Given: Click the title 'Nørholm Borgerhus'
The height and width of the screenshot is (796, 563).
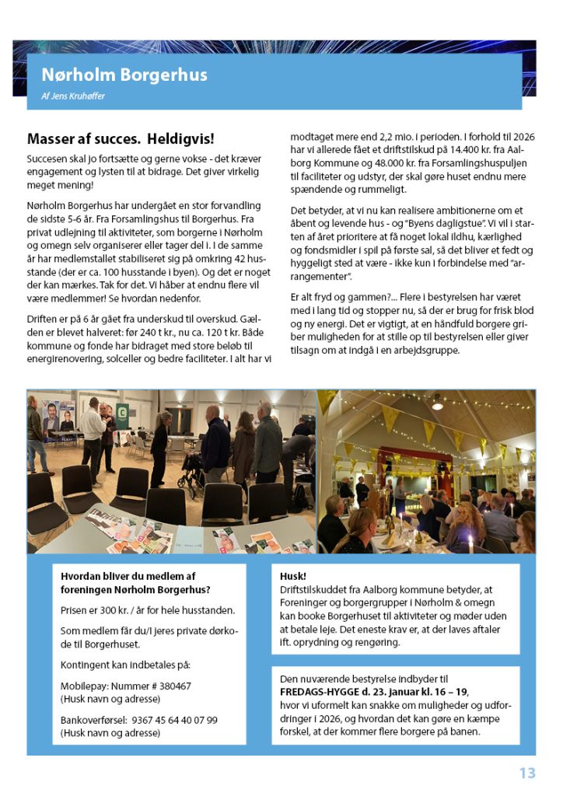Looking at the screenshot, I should click(124, 75).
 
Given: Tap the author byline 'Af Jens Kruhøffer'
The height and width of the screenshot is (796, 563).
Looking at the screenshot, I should click(73, 96).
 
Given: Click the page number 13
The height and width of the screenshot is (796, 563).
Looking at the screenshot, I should click(527, 773).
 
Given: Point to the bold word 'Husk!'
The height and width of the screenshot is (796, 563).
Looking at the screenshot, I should click(293, 577).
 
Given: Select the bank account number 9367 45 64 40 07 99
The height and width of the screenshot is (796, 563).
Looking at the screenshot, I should click(175, 720).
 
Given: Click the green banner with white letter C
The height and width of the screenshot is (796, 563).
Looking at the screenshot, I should click(122, 413).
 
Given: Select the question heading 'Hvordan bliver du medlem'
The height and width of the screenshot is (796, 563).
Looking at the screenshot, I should click(128, 577).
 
